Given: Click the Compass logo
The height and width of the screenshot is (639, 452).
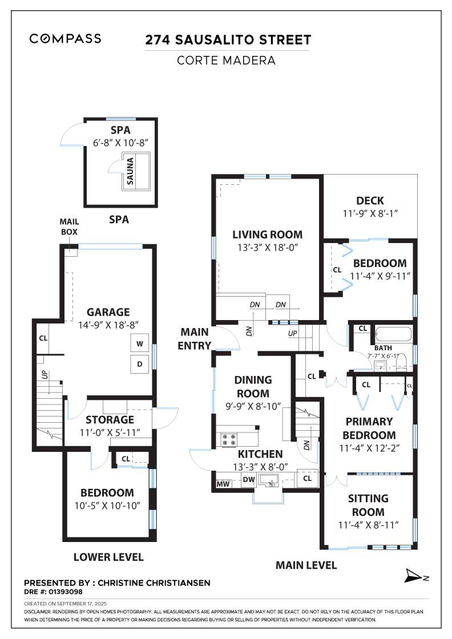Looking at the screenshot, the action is [65, 39].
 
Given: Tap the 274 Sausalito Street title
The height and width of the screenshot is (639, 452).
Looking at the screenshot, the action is [228, 40].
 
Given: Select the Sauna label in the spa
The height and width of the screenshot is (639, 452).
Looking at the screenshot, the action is [131, 171].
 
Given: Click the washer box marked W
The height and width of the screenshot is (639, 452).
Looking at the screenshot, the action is [140, 343].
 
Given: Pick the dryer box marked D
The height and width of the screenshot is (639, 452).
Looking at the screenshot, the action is [140, 364].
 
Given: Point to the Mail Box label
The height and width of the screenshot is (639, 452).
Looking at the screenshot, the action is [69, 227].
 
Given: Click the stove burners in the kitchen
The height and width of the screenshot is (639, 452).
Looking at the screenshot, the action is [229, 440].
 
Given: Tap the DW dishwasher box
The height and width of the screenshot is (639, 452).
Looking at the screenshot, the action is [249, 480].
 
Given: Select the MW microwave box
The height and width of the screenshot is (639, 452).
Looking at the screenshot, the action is [223, 484].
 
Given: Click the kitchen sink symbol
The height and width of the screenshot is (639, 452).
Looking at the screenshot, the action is [269, 480].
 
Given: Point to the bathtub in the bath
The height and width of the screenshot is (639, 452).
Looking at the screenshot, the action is [393, 334].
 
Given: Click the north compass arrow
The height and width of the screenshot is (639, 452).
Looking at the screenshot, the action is [414, 576].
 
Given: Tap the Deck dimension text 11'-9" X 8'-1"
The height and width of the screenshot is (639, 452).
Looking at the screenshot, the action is [370, 213].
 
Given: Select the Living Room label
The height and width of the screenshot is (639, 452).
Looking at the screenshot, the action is [267, 234].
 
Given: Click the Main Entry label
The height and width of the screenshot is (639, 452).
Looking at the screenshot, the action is [195, 339].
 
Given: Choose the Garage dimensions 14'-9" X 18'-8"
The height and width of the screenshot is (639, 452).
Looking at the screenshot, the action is [108, 325].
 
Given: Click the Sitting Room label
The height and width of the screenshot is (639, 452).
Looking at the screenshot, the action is [368, 505].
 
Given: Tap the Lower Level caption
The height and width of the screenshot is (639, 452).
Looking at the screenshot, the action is [108, 557].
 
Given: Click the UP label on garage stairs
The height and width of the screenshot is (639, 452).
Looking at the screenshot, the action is [45, 374].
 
